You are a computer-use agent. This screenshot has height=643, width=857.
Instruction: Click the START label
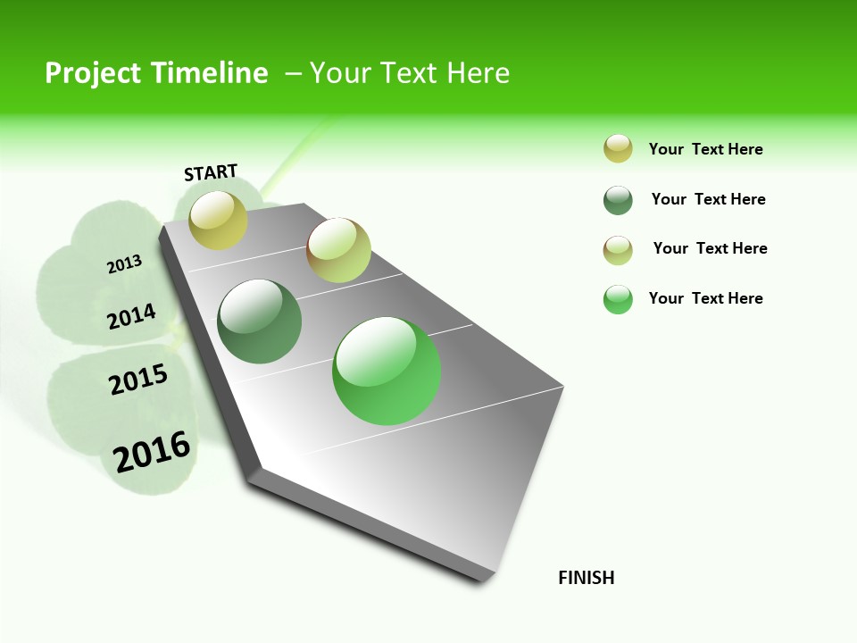tap(211, 172)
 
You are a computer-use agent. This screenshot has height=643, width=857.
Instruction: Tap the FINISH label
tap(587, 578)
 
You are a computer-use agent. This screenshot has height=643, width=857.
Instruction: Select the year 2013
tap(124, 264)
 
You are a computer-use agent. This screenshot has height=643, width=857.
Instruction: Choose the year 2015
tap(138, 380)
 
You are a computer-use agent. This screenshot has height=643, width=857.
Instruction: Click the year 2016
tap(152, 452)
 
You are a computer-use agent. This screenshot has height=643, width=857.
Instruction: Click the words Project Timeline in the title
tap(156, 73)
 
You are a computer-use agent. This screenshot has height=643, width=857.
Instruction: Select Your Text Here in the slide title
tap(410, 73)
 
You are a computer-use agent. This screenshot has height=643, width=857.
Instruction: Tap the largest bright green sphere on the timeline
tap(387, 371)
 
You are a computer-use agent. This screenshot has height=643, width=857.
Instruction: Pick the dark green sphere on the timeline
tap(260, 321)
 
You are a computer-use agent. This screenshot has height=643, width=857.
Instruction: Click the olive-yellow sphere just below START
tap(219, 220)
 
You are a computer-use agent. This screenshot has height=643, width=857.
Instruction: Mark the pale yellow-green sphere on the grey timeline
tap(338, 250)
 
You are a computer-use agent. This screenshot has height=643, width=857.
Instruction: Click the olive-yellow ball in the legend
tap(618, 148)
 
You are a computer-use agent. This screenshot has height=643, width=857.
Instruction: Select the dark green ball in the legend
tap(618, 200)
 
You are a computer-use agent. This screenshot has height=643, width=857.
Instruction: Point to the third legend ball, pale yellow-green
tap(618, 250)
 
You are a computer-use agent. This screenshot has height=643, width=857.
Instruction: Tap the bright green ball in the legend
tap(618, 299)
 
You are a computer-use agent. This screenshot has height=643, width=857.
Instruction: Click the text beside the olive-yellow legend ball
tap(705, 149)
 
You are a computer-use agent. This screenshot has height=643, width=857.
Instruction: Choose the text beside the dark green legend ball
tap(708, 199)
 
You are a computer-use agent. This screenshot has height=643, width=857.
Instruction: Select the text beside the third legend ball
tap(710, 248)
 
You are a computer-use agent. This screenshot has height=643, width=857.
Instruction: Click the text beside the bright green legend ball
tap(705, 298)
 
